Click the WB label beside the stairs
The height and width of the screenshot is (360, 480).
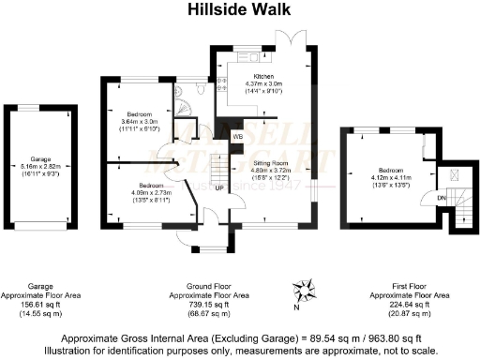tap(238, 137)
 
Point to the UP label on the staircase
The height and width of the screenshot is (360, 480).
tap(218, 187)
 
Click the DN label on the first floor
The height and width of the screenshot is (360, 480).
tap(442, 198)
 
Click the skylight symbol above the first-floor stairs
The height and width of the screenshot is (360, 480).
tap(455, 174)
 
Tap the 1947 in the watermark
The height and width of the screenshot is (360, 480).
tap(286, 184)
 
